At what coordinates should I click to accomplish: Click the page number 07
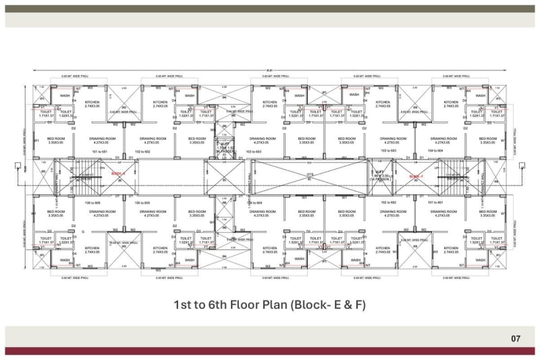pos(516,337)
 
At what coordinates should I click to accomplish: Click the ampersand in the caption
pos(344,305)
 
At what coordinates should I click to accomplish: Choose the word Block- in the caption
pos(315,305)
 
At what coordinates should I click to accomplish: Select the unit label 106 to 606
pos(92,203)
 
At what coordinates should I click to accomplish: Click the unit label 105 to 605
pos(142,203)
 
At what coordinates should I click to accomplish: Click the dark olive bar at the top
pos(270,9)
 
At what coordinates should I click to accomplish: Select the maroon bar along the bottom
pos(270,351)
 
